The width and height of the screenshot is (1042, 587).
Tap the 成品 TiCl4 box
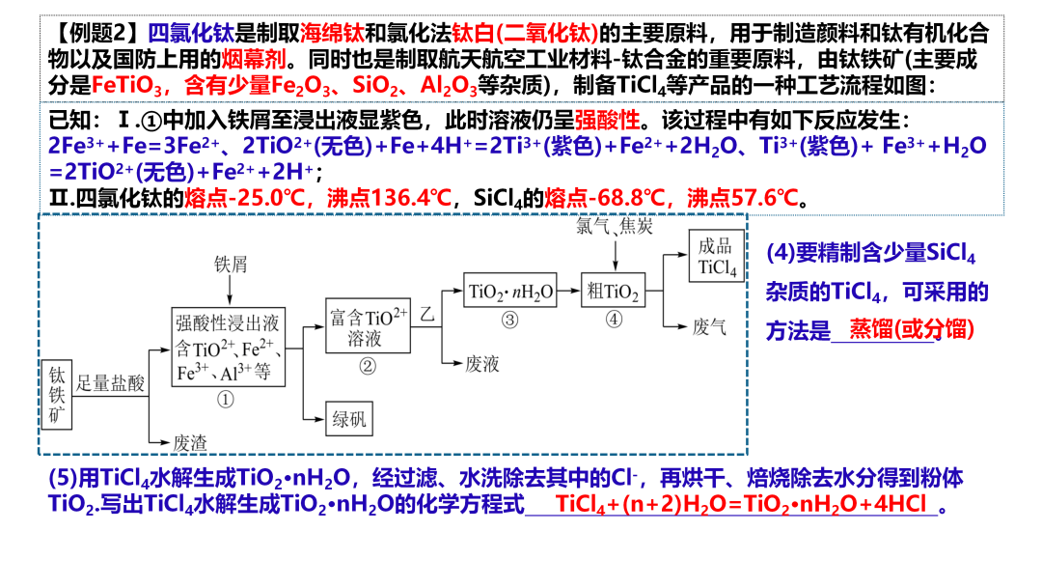[716, 256]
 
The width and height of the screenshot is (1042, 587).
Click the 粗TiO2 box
[611, 292]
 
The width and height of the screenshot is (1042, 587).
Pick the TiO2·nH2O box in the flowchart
[510, 292]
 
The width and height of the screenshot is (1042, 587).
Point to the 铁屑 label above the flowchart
[231, 263]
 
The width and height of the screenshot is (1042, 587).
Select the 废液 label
[481, 363]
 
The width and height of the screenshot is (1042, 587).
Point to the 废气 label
[709, 327]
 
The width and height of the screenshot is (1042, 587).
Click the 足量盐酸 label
[111, 383]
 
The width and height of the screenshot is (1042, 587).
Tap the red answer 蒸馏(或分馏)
[911, 328]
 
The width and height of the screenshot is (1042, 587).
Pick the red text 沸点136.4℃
[389, 198]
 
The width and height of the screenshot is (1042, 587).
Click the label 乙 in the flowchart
[427, 314]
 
